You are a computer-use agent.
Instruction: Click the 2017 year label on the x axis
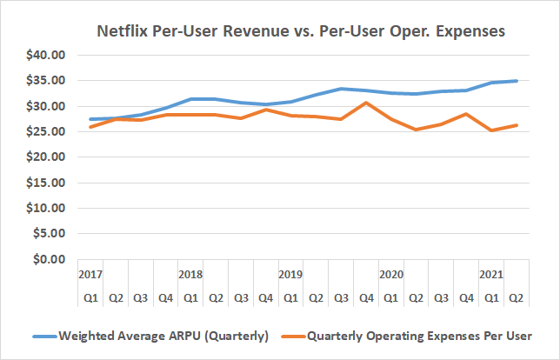pyautogui.click(x=90, y=274)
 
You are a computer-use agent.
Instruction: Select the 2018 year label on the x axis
pyautogui.click(x=190, y=274)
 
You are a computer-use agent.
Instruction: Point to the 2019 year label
pyautogui.click(x=290, y=274)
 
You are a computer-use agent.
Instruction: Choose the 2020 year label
pyautogui.click(x=390, y=274)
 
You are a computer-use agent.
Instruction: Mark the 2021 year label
pyautogui.click(x=491, y=274)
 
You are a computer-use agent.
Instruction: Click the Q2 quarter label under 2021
pyautogui.click(x=516, y=297)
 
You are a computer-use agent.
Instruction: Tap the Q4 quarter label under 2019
pyautogui.click(x=366, y=297)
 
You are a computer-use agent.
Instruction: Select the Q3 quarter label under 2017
pyautogui.click(x=140, y=297)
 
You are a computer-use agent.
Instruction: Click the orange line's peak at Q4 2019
pyautogui.click(x=366, y=103)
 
